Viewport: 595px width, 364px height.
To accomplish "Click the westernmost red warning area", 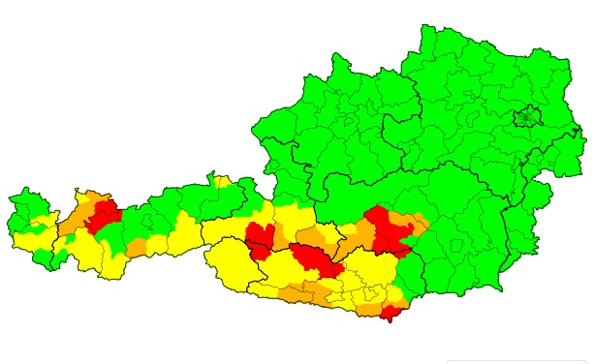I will click(x=102, y=215).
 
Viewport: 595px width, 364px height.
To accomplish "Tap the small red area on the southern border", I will click(x=391, y=312).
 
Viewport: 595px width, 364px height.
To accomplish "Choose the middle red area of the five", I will click(x=313, y=258).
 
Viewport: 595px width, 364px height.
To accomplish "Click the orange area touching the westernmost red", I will click(x=74, y=218).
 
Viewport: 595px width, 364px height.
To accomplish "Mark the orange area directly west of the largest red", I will click(x=357, y=232).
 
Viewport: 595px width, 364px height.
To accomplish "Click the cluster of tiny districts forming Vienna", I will click(x=526, y=118).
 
